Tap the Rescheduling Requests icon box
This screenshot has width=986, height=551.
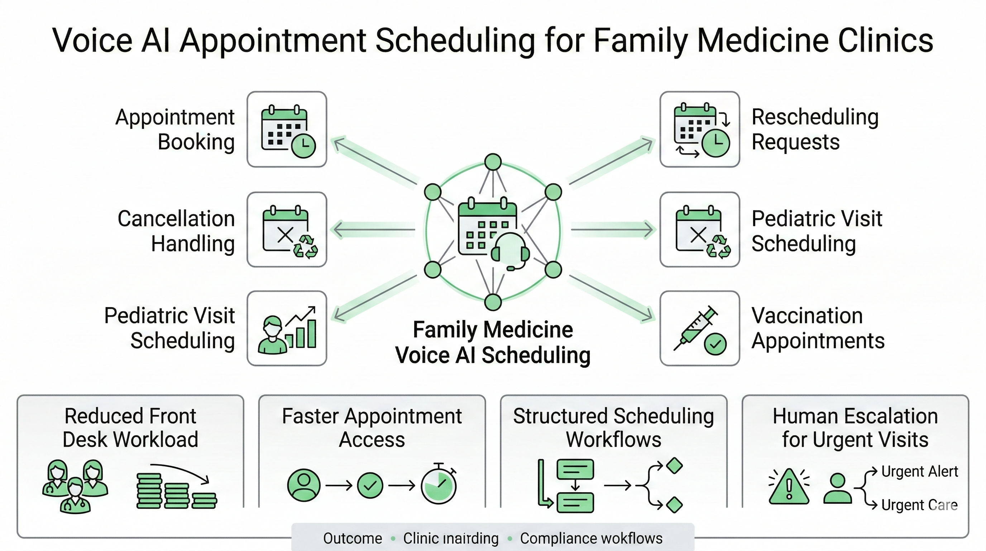click(x=700, y=129)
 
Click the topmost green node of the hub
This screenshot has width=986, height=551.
click(x=493, y=162)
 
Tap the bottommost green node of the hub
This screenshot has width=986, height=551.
click(x=493, y=302)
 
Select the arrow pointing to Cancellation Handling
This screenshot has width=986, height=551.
click(x=373, y=230)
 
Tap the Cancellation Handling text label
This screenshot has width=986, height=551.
click(x=176, y=231)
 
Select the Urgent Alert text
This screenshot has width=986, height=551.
click(x=919, y=471)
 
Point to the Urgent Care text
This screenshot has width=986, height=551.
click(x=919, y=505)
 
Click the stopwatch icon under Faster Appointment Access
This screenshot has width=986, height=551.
click(x=439, y=485)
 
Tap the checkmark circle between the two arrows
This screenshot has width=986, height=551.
click(x=370, y=485)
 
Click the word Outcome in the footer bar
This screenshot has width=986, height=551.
click(x=353, y=538)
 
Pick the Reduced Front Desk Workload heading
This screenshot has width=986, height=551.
click(x=130, y=427)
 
